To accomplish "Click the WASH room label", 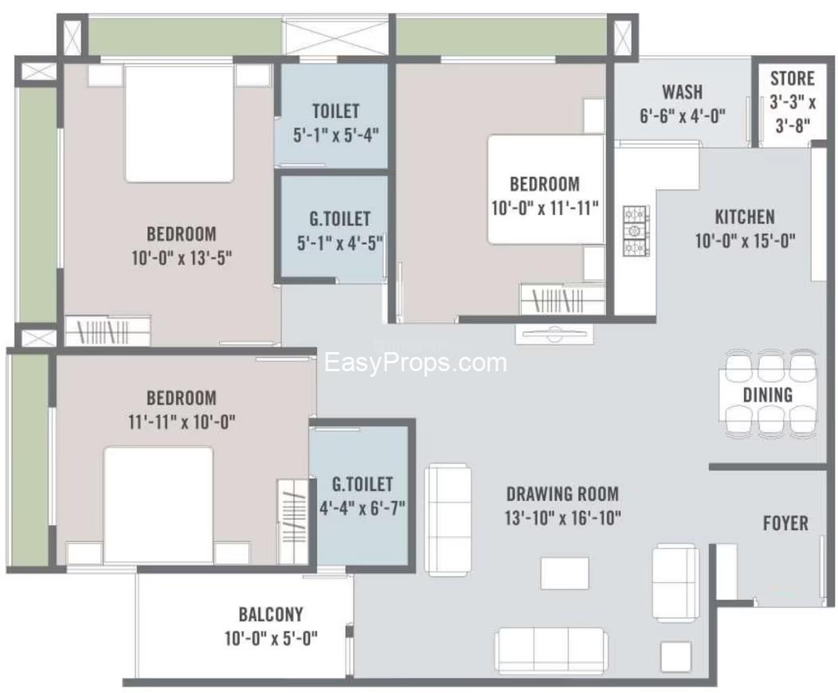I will pos(682,92).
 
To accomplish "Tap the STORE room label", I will pos(793,79).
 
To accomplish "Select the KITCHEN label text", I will pos(744,217).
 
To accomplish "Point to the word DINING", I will pos(768,394).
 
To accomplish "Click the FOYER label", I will pos(785,523).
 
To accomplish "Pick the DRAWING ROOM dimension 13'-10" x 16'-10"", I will pos(563,518).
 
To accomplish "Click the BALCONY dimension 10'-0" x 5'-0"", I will pos(271,637).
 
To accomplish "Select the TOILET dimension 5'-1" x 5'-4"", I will pos(335,135).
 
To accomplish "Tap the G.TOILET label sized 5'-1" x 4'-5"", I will pos(340,218).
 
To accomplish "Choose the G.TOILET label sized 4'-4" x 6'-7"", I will pos(362,484).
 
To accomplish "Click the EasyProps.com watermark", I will pos(415,363).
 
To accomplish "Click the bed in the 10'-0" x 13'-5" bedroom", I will pos(179,123).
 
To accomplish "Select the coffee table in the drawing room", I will pos(565,573).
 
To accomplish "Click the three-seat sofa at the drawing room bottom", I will pos(550,649).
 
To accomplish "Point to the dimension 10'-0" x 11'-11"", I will pos(545,209).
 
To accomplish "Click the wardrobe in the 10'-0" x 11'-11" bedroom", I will pos(562,300).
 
